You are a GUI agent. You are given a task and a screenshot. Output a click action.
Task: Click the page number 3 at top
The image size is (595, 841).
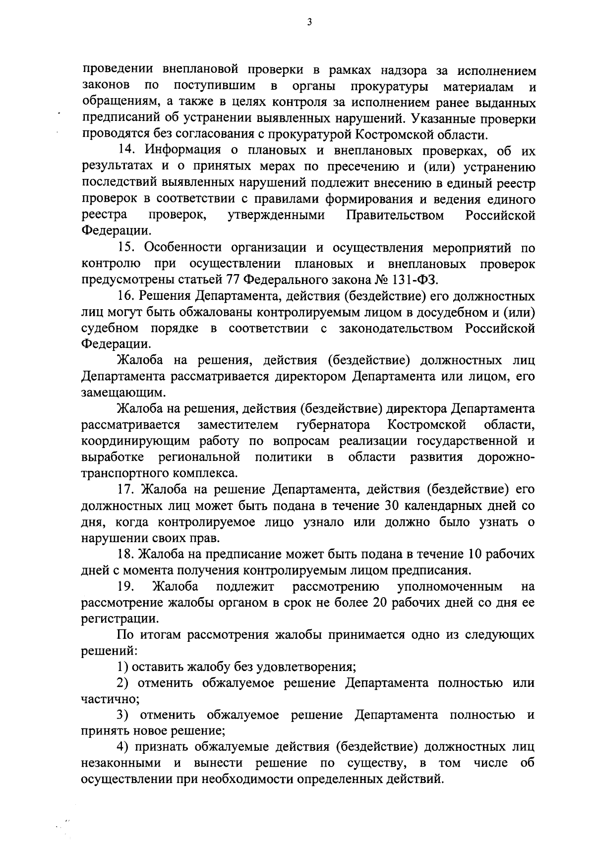(309, 22)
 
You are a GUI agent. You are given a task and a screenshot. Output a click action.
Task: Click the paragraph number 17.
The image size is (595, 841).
(126, 490)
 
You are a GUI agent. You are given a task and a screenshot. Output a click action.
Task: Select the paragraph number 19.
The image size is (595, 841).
(126, 587)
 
